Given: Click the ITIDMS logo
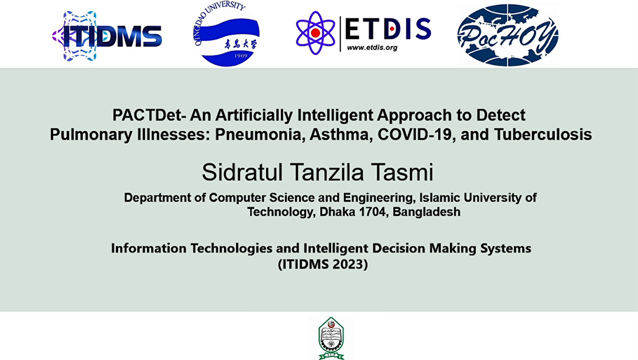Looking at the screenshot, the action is (107, 36).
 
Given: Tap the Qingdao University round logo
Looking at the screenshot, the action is (227, 34).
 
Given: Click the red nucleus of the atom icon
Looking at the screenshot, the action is (315, 33).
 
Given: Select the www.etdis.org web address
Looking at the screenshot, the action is (372, 48).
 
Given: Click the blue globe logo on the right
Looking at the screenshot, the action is (507, 35).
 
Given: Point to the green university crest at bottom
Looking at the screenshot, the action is (331, 339).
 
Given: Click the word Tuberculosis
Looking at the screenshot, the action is (543, 135).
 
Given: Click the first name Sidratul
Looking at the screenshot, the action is (242, 172).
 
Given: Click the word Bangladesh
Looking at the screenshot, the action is (427, 212).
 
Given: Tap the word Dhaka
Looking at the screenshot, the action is (337, 212).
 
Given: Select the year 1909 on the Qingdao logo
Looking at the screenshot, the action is (241, 56).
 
